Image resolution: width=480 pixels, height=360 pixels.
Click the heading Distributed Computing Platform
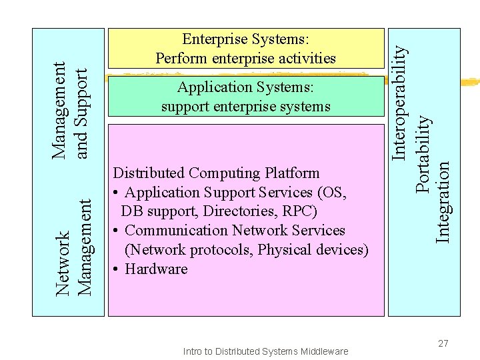[217, 173]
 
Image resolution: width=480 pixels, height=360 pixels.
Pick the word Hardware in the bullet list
[156, 269]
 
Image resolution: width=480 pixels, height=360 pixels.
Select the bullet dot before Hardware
[116, 269]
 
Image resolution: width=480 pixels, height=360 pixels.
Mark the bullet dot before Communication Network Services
[116, 231]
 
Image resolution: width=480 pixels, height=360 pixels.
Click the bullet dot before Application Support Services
[116, 193]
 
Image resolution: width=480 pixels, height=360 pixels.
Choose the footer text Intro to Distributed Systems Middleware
[265, 351]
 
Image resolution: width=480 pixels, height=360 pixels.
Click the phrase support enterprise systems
[245, 107]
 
